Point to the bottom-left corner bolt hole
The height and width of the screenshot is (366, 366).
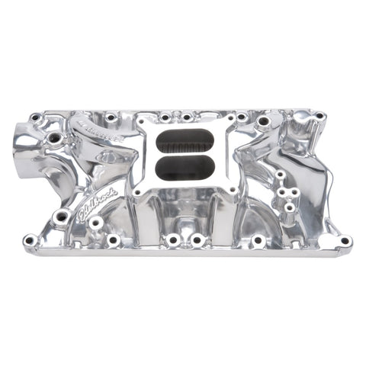click(x=30, y=241)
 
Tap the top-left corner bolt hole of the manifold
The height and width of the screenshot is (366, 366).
click(x=36, y=118)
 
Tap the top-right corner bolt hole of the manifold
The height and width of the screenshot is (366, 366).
click(x=318, y=117)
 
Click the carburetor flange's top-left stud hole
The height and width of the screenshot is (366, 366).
click(x=143, y=123)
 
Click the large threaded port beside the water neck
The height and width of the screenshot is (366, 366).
click(x=55, y=139)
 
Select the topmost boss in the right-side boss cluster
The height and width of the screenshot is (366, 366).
click(x=281, y=175)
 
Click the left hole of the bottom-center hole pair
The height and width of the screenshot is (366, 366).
click(x=173, y=240)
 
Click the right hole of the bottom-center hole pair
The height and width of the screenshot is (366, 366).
click(x=197, y=240)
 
